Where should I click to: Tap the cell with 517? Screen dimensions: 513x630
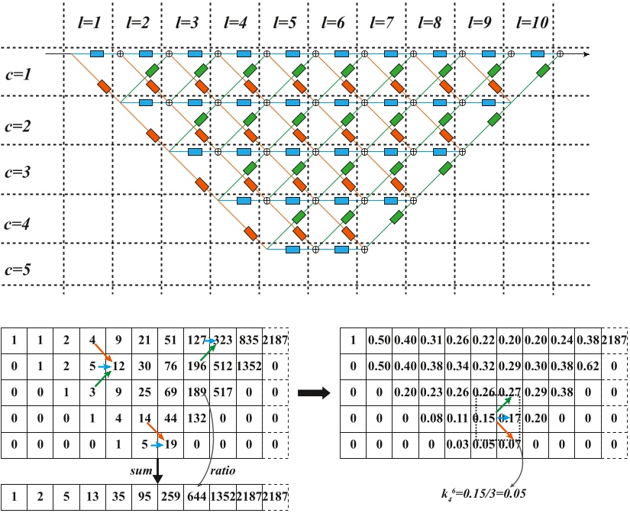click(x=224, y=394)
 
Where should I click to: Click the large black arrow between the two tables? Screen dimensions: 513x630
click(x=315, y=394)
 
